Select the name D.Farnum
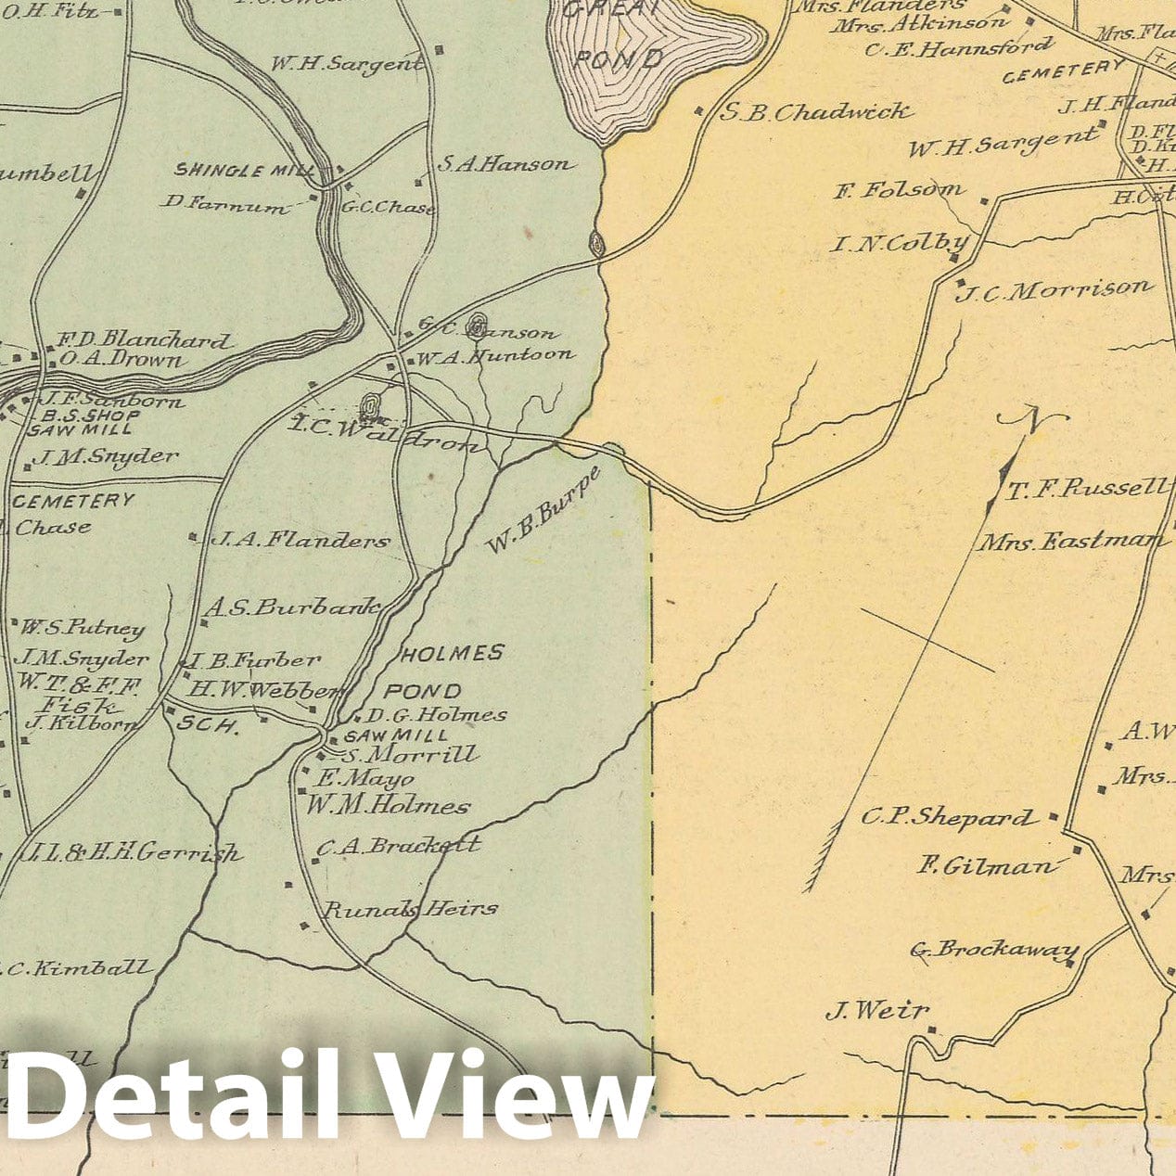(225, 203)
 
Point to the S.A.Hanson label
(505, 164)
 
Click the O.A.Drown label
(121, 359)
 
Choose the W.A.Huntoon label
(495, 355)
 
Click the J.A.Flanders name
(300, 540)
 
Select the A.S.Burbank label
(292, 607)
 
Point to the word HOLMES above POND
(453, 654)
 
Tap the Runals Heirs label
(410, 909)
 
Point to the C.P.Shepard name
(946, 817)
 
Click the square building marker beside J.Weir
(931, 1029)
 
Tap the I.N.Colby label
(899, 244)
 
